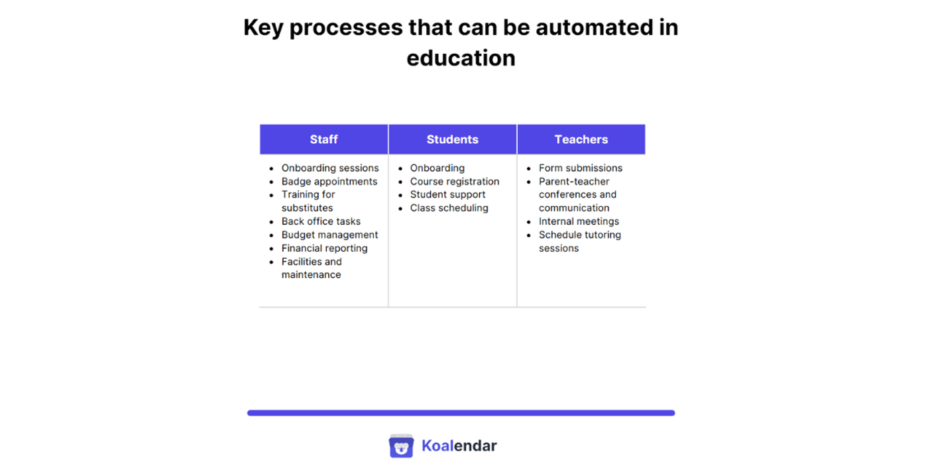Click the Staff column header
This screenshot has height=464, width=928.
(x=323, y=139)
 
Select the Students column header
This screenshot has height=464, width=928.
(x=452, y=139)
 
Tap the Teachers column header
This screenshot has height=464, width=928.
(x=581, y=139)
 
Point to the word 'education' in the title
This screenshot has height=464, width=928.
(x=461, y=58)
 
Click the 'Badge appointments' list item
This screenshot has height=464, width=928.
(x=329, y=182)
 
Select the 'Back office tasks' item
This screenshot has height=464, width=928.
(x=321, y=221)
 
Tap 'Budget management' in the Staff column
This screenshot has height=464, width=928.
(x=329, y=235)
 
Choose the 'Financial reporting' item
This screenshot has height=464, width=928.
(x=324, y=249)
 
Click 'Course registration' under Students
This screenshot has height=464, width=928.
(x=454, y=182)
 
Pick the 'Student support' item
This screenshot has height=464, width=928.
(x=447, y=195)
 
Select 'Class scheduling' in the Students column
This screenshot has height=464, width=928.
(x=449, y=208)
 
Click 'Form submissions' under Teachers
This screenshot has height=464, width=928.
(x=580, y=168)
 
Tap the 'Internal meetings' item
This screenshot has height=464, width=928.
(x=579, y=221)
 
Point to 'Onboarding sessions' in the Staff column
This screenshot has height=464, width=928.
(x=330, y=168)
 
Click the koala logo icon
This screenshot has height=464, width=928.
(x=401, y=446)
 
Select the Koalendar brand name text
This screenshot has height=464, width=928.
(x=459, y=446)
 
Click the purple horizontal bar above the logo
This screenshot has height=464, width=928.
(x=461, y=413)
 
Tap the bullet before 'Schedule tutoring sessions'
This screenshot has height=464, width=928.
(x=529, y=235)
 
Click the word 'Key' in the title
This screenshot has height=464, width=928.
(x=262, y=28)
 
